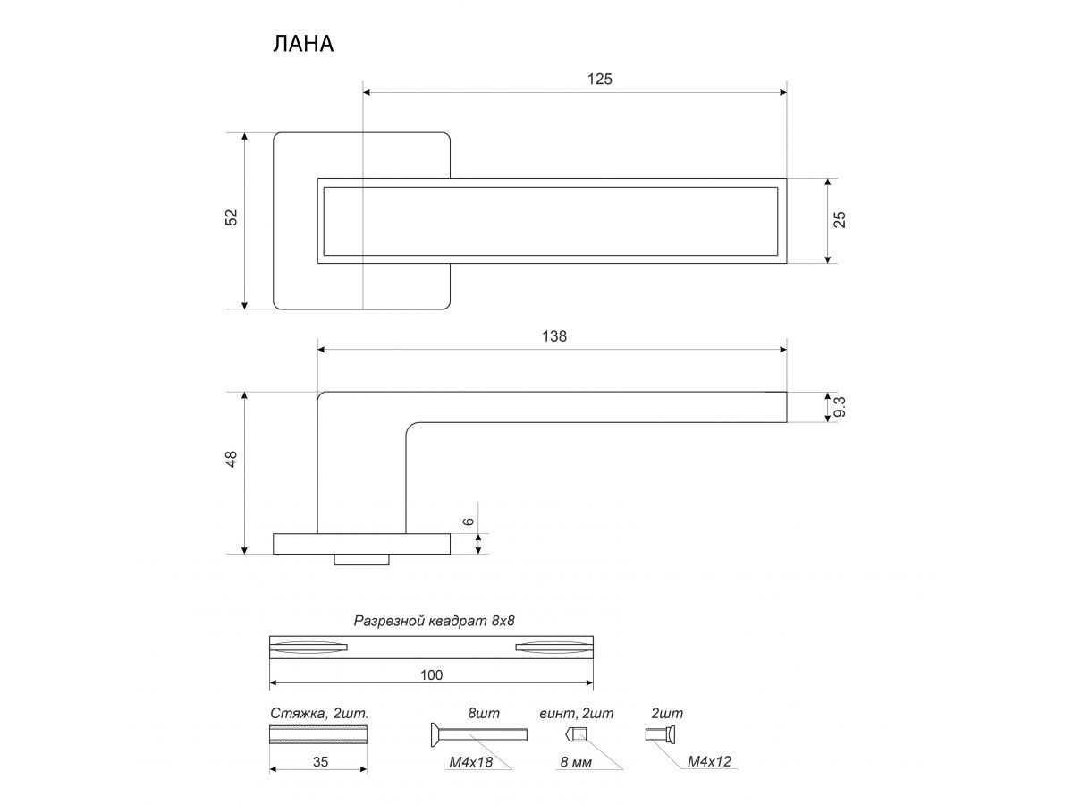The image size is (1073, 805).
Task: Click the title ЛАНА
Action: [303, 44]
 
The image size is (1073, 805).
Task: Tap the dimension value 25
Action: [840, 219]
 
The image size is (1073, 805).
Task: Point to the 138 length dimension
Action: [553, 336]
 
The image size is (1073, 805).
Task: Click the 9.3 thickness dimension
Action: [839, 408]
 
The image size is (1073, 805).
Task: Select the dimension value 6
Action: [468, 521]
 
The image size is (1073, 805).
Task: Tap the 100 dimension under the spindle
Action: [431, 674]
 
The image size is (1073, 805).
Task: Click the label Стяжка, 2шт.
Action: [319, 714]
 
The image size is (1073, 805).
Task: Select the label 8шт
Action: [484, 714]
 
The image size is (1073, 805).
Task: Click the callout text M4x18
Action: [469, 761]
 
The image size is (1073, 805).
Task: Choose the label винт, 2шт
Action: [577, 714]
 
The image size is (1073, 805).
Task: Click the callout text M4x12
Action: [711, 761]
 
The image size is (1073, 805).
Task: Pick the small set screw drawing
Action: [576, 735]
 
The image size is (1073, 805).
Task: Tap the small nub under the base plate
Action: [362, 560]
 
